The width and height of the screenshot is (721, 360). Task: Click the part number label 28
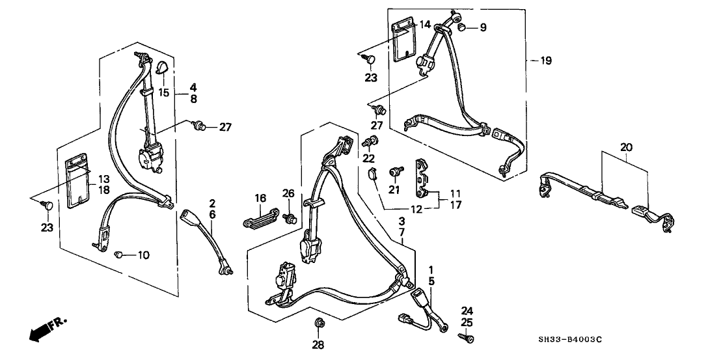(x=319, y=344)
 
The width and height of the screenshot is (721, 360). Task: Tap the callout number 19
(x=545, y=61)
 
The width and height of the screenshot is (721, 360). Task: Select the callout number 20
(x=625, y=148)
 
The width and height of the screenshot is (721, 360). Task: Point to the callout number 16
(x=260, y=198)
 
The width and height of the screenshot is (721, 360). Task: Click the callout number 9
(x=483, y=27)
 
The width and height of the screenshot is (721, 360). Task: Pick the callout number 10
(x=143, y=255)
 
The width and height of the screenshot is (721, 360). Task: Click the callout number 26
(x=288, y=193)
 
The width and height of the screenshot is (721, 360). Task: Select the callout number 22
(x=368, y=159)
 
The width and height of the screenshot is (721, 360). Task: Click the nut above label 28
(x=319, y=323)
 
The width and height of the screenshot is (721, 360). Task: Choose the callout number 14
(x=425, y=25)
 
